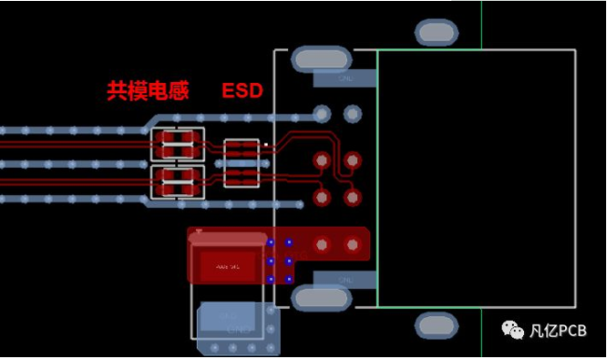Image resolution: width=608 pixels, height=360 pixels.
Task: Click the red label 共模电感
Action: point(147,90)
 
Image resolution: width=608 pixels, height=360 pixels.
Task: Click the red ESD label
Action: point(242,90)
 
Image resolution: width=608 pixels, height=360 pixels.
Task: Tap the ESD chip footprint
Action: point(242,162)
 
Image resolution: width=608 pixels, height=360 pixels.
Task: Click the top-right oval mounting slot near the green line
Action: point(435,33)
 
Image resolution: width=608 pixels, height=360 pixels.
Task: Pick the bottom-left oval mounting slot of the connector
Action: point(322,298)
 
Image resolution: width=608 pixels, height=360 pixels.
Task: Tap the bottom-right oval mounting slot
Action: point(435,325)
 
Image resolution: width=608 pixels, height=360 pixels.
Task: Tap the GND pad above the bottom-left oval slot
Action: point(344,279)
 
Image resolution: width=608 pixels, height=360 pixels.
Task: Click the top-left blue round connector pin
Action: point(322,114)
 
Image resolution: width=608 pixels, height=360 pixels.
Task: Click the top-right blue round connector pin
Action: point(352,114)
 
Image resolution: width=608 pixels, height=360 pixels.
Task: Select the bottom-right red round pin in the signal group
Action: point(352,198)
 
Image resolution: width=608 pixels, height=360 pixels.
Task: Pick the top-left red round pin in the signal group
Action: point(322,160)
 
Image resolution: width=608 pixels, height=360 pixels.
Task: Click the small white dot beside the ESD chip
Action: point(266,145)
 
